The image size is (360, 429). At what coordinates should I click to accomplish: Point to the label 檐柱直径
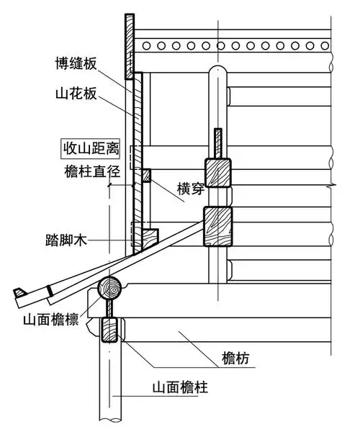(x=90, y=173)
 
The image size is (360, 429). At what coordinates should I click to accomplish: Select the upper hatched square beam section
(x=218, y=173)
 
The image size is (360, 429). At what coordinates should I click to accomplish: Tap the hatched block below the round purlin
(x=110, y=333)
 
